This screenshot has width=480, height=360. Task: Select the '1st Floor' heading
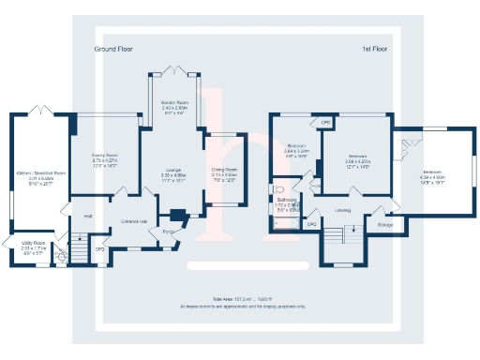[x=375, y=48]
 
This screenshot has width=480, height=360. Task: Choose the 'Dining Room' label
[x=224, y=170]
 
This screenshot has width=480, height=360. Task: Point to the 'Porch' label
[x=170, y=231]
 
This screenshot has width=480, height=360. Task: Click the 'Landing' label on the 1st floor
[x=343, y=211]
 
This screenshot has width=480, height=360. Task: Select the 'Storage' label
[x=384, y=225]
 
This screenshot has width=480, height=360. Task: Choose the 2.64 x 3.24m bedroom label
[x=296, y=147]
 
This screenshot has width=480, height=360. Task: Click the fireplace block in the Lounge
[x=176, y=215]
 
